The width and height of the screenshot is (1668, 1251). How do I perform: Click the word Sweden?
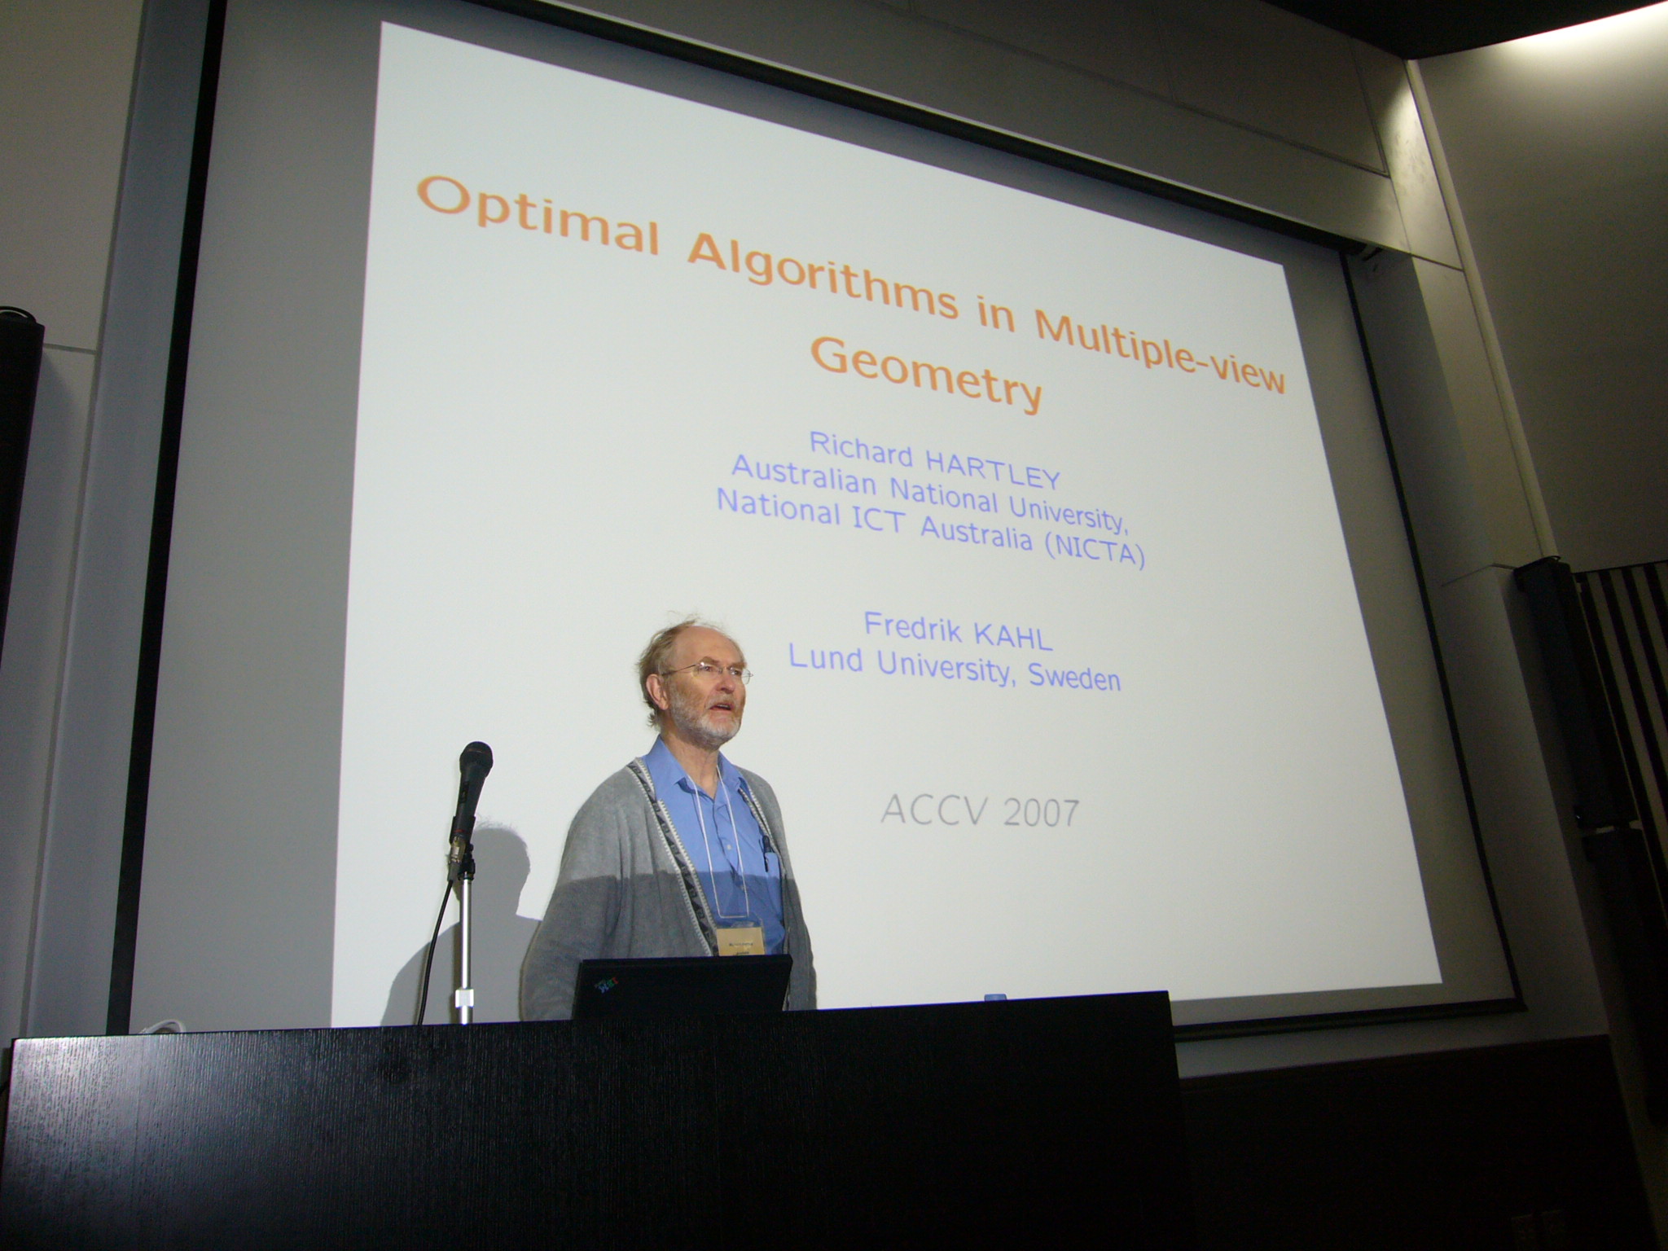point(1074,677)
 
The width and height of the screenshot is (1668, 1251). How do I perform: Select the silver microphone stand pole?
point(464,945)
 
